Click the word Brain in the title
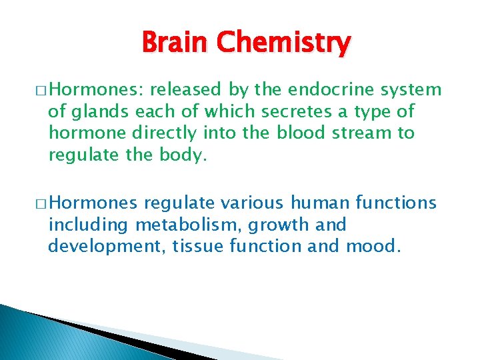[x=173, y=44]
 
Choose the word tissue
[x=197, y=246]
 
